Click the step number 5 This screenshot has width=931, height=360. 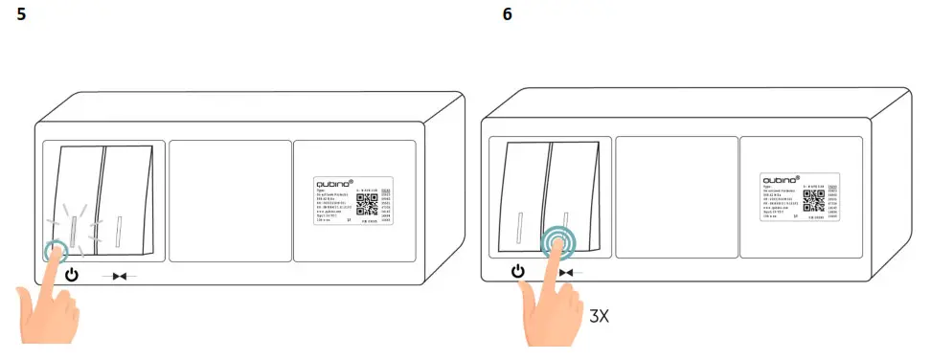(21, 17)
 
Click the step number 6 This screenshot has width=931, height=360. (507, 16)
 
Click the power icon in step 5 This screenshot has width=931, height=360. (71, 276)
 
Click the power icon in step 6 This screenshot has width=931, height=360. (517, 272)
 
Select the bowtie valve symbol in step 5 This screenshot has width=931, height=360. (119, 277)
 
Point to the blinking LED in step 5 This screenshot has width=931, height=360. (74, 229)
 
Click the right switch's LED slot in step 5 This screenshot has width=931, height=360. (120, 229)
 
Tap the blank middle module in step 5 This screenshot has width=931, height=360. (231, 201)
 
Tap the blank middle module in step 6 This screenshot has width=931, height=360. (675, 196)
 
